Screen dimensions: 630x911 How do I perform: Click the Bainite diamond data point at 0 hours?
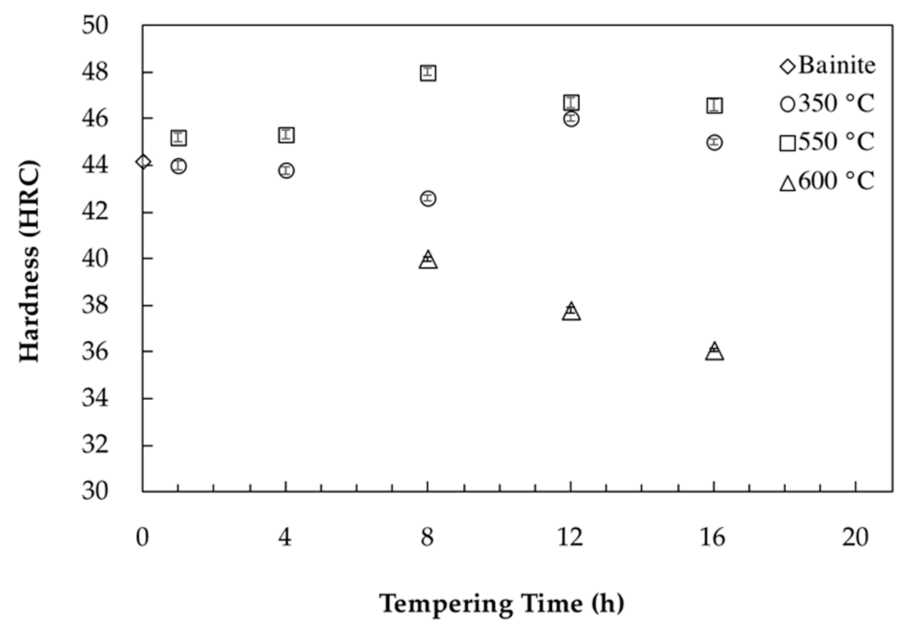coord(143,162)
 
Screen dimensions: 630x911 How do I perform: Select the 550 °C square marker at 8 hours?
coord(428,73)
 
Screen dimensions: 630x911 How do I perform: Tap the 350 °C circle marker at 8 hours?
coord(428,198)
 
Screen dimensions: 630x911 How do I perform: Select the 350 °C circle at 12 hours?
coord(571,119)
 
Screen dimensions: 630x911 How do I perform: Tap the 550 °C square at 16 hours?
coord(714,105)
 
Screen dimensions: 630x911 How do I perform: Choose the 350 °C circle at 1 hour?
coord(179,166)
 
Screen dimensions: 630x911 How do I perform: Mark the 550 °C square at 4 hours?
coord(286,135)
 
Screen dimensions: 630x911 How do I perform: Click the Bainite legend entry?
coord(828,66)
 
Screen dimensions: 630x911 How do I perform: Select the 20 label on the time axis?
coord(855,537)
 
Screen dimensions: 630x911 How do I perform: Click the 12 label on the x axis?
coord(570,537)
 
